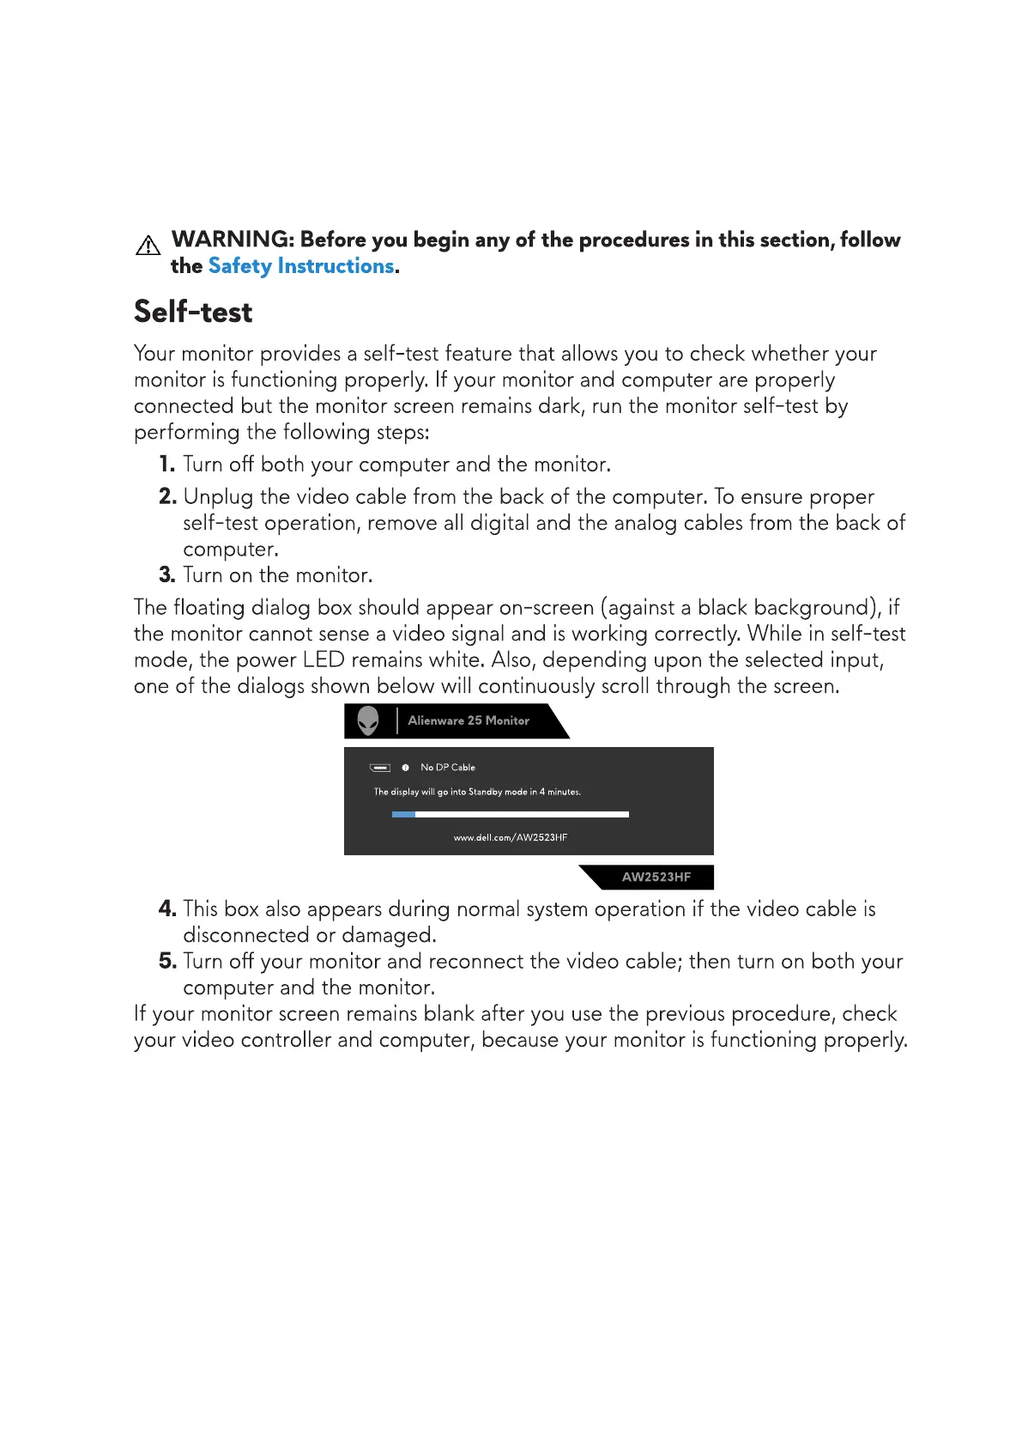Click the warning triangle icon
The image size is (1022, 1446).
tap(148, 246)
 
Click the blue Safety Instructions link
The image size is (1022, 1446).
tap(301, 266)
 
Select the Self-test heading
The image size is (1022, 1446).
tap(193, 312)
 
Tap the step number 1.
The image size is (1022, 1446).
tap(166, 465)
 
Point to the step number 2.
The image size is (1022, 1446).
tap(167, 497)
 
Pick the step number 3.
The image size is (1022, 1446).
tap(166, 575)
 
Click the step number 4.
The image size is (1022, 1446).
tap(167, 909)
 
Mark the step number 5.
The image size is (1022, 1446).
tap(167, 962)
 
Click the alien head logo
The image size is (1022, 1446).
tap(368, 720)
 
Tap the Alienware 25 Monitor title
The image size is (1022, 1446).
tap(469, 721)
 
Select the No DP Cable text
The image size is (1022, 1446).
tap(448, 768)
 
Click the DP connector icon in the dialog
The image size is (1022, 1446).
tap(380, 768)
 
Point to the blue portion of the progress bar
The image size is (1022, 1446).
tap(403, 814)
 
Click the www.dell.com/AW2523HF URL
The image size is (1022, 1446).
tap(511, 838)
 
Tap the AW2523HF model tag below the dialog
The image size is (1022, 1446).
tap(656, 878)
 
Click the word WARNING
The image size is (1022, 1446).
tap(232, 240)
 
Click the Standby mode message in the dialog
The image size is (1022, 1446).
tap(477, 793)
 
